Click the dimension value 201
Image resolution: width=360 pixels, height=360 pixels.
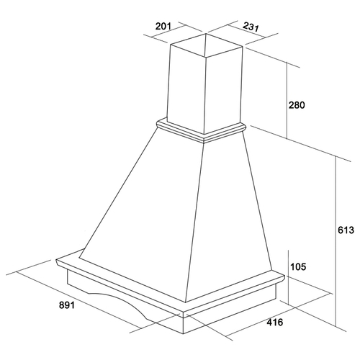pyautogui.click(x=163, y=26)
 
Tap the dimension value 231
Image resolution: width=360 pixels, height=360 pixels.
pyautogui.click(x=251, y=27)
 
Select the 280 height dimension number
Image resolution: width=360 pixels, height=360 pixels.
pyautogui.click(x=297, y=105)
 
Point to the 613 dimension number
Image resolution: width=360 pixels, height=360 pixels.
pyautogui.click(x=346, y=230)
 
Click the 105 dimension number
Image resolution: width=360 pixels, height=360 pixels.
pyautogui.click(x=298, y=266)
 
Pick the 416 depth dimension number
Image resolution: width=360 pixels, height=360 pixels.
pyautogui.click(x=275, y=322)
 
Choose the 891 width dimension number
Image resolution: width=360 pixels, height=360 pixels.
pyautogui.click(x=67, y=305)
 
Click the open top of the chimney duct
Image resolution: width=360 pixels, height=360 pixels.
pyautogui.click(x=207, y=45)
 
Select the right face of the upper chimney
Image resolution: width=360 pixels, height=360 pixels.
pyautogui.click(x=223, y=91)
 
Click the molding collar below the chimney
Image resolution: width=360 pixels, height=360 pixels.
pyautogui.click(x=201, y=131)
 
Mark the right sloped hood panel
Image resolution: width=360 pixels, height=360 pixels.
pyautogui.click(x=228, y=216)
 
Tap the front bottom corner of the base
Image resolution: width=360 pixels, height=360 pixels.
pyautogui.click(x=183, y=334)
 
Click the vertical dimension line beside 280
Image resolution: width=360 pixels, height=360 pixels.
pyautogui.click(x=287, y=100)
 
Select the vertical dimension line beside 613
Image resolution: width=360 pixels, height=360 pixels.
pyautogui.click(x=336, y=241)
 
